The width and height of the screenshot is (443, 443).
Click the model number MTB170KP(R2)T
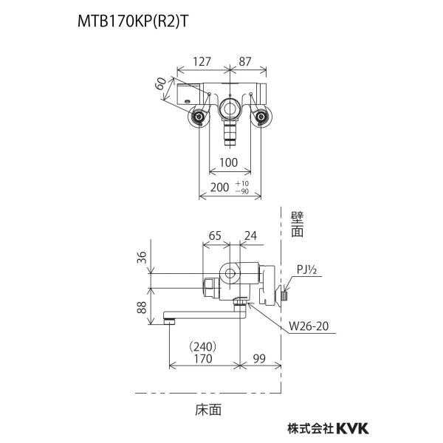tap(132, 21)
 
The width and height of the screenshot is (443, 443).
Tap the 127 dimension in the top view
tap(202, 61)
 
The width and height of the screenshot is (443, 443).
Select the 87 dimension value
tap(245, 61)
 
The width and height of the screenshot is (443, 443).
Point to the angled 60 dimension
tap(161, 83)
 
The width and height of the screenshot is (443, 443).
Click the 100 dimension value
tap(229, 162)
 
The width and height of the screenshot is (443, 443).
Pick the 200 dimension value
tap(219, 187)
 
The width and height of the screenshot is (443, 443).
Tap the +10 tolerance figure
tap(242, 183)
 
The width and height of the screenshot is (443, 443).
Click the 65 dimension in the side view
tap(215, 236)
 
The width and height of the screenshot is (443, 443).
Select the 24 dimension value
tap(250, 236)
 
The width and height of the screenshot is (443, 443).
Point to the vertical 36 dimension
tap(142, 258)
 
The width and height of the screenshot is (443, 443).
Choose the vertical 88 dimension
tap(142, 307)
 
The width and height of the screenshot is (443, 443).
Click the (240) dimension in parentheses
tap(204, 346)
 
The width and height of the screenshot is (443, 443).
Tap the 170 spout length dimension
tap(203, 359)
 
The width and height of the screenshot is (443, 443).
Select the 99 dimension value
tap(259, 359)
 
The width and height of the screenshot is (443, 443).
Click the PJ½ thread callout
tap(307, 269)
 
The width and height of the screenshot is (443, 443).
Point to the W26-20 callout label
tap(309, 326)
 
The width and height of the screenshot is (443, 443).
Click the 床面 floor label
tap(208, 410)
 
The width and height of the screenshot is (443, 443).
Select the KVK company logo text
tap(352, 428)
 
